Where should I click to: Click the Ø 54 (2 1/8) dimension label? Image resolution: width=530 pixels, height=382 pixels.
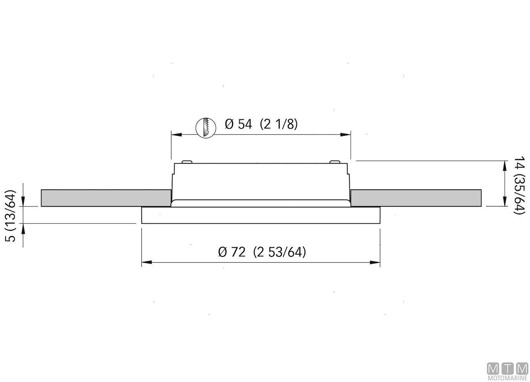[261, 124]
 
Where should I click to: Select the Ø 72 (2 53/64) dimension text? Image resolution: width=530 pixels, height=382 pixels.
[262, 252]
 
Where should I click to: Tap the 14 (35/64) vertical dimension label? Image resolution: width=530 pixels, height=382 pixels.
[519, 185]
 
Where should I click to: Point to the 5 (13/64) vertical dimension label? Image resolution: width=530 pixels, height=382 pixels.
[11, 215]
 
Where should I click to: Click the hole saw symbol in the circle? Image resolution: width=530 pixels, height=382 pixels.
[206, 128]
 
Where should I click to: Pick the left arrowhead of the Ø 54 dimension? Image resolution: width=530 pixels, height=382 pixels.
[177, 134]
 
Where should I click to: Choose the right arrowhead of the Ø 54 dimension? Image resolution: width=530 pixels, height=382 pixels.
[345, 134]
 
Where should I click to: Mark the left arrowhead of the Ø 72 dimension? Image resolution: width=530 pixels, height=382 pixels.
[147, 262]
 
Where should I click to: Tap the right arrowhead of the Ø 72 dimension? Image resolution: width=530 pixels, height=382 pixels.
[375, 262]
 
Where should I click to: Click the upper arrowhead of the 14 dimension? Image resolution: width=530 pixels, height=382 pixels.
[505, 166]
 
